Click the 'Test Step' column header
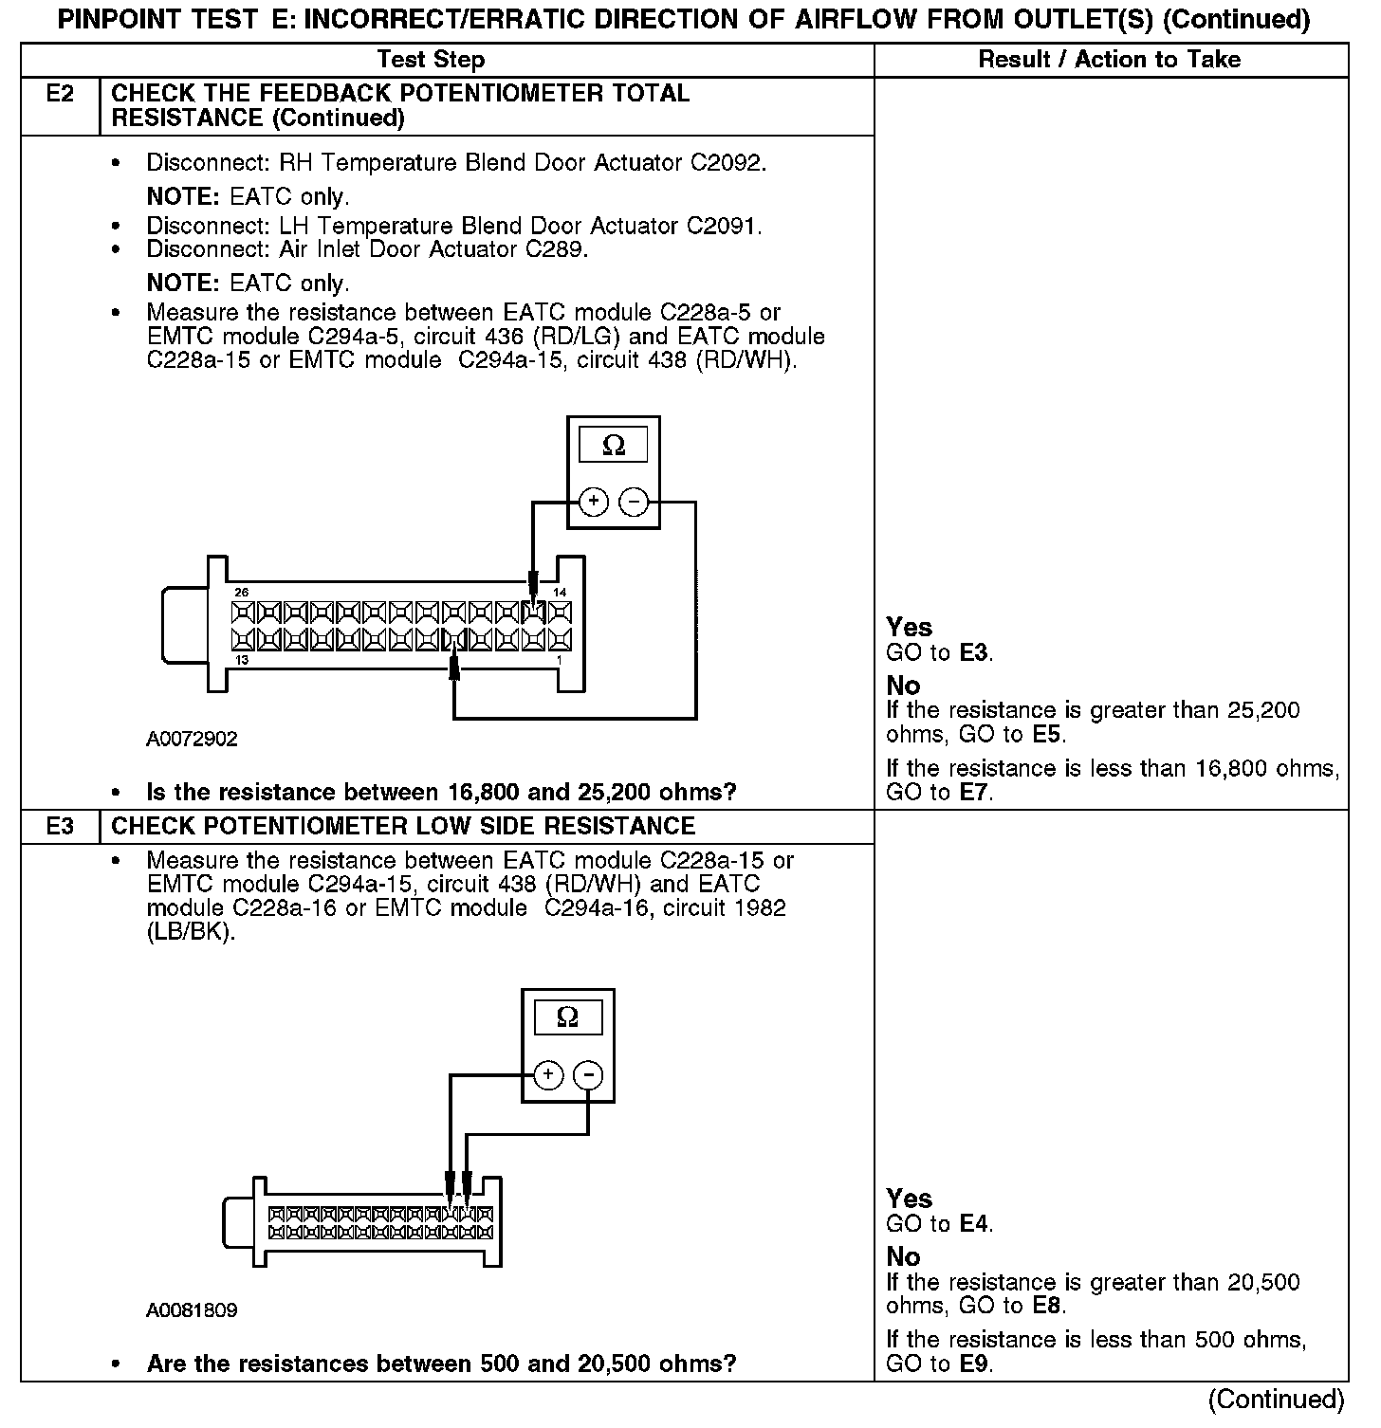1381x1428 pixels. pos(431,60)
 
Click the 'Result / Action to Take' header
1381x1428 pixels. pos(1109,60)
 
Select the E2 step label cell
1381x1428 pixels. pos(60,94)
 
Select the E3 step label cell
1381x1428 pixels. pos(60,826)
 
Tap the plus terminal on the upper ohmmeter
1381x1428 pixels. pos(593,502)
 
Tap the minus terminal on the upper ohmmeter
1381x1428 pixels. pos(634,502)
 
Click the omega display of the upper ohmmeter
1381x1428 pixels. pos(614,446)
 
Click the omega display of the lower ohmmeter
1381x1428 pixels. pos(567,1017)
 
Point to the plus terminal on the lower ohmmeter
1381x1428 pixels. pos(548,1074)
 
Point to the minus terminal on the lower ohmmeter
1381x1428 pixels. pos(588,1074)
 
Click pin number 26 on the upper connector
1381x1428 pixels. pos(241,593)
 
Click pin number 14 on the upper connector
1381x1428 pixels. pos(560,593)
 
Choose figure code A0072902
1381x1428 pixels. pos(192,740)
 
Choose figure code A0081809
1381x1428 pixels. pos(192,1310)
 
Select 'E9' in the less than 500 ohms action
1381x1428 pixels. pos(974,1364)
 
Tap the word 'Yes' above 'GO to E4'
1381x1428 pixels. pos(909,1199)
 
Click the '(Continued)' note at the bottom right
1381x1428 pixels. pos(1276,1400)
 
